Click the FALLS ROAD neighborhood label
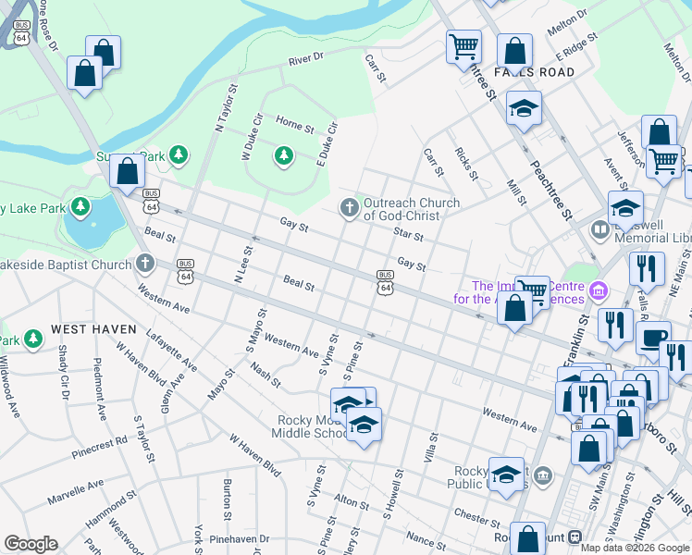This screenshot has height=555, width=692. pyautogui.click(x=534, y=72)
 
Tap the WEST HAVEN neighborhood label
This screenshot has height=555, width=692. pyautogui.click(x=93, y=329)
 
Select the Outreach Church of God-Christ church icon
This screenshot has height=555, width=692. pyautogui.click(x=349, y=206)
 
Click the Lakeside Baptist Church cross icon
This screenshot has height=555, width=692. pyautogui.click(x=143, y=265)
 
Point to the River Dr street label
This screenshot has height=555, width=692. pyautogui.click(x=305, y=58)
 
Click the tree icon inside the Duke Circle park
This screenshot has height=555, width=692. pyautogui.click(x=284, y=156)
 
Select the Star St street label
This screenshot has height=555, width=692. pyautogui.click(x=407, y=237)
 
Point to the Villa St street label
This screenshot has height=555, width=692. pyautogui.click(x=430, y=447)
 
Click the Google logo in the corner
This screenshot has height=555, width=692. pyautogui.click(x=31, y=544)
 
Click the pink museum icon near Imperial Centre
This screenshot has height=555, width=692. pyautogui.click(x=599, y=293)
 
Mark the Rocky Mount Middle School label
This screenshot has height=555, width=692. pyautogui.click(x=312, y=426)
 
